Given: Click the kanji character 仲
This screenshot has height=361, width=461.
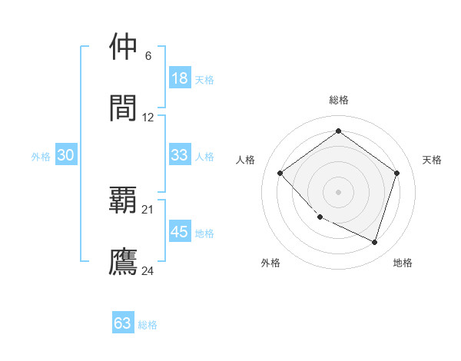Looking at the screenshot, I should pos(123,47).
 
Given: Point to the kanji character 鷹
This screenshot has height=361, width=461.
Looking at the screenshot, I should pos(123,261).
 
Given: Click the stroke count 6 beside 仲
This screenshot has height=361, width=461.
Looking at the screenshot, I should pos(148,56).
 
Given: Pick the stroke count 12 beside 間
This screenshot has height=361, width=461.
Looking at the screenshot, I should pos(148,118).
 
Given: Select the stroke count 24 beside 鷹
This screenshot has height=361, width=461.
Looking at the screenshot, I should pos(148,270).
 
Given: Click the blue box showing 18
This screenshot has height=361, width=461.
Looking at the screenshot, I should pos(179,78).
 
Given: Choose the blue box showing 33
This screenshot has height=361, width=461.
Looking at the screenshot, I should pos(179,155).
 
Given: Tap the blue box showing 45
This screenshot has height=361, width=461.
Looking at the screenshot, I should pos(179,232).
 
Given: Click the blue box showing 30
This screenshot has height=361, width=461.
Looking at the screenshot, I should pos(66,155).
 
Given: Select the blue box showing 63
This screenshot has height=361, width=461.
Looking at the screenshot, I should pos(123,323).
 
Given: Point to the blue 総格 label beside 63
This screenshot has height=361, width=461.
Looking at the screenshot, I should pos(148,325).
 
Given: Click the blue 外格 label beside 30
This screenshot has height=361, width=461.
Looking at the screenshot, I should pos(41,157).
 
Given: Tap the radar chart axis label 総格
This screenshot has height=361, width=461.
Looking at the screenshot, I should pos(338,100).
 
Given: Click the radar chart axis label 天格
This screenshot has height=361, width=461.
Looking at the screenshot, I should pos(432,160).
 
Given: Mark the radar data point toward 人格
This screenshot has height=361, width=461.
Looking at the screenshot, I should pos(280,173).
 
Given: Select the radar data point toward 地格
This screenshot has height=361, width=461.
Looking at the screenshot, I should pos(374,242).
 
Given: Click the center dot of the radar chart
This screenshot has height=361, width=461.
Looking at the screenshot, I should pos(338,191).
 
